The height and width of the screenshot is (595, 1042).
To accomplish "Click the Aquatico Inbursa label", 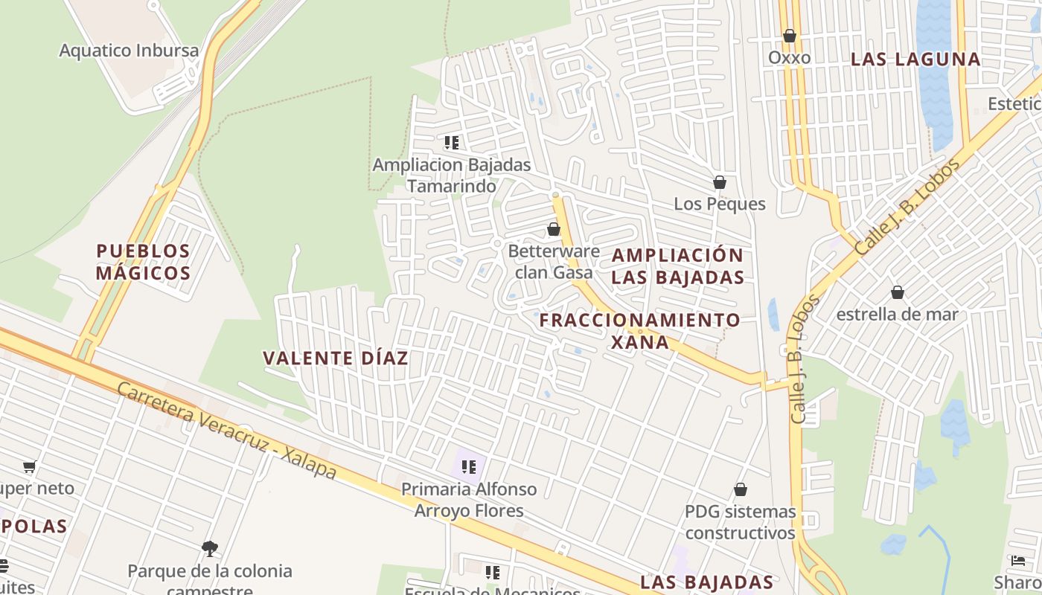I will click(x=129, y=51).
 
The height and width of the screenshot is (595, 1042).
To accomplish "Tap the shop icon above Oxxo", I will click(x=789, y=36).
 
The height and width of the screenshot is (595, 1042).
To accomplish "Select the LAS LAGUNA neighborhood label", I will click(x=915, y=59).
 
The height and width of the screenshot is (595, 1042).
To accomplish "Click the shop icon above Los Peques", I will click(x=720, y=182).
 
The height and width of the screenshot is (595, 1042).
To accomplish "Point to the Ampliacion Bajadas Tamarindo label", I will click(x=452, y=175).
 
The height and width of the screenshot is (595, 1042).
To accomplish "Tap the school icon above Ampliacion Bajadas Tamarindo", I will click(x=452, y=142).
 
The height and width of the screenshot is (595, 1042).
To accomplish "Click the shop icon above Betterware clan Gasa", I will click(x=554, y=229).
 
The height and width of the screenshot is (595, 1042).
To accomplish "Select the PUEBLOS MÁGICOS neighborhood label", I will click(x=144, y=262).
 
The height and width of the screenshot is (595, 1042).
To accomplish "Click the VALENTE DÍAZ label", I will click(x=336, y=358).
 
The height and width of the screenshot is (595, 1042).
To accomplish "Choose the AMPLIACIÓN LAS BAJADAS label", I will click(x=677, y=266).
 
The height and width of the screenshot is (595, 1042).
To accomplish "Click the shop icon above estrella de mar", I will click(x=898, y=292).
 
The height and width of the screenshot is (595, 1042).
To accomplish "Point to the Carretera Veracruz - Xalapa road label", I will click(x=226, y=431).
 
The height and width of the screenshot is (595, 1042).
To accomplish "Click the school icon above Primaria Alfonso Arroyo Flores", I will click(x=469, y=467).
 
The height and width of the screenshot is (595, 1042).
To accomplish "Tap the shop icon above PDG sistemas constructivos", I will click(x=741, y=489).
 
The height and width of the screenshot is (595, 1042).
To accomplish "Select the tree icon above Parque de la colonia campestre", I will click(x=210, y=549).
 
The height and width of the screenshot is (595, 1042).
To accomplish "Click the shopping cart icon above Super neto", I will click(x=29, y=467).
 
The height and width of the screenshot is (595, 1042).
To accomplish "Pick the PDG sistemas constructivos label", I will click(x=741, y=522).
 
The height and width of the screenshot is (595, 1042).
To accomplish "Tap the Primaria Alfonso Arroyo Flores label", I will click(x=469, y=500).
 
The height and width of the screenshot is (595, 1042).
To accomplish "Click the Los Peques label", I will click(x=720, y=204).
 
